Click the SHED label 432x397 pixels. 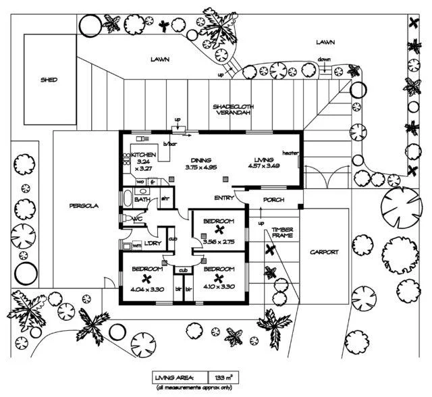pyautogui.click(x=49, y=80)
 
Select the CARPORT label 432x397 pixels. pyautogui.click(x=323, y=252)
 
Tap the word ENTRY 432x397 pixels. pyautogui.click(x=224, y=198)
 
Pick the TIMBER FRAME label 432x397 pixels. pyautogui.click(x=282, y=233)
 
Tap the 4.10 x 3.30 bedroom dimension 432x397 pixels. pyautogui.click(x=218, y=286)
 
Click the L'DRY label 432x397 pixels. pyautogui.click(x=153, y=244)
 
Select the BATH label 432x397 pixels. pyautogui.click(x=142, y=200)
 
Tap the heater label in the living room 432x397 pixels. pyautogui.click(x=291, y=152)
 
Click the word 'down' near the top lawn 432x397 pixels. pyautogui.click(x=324, y=59)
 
